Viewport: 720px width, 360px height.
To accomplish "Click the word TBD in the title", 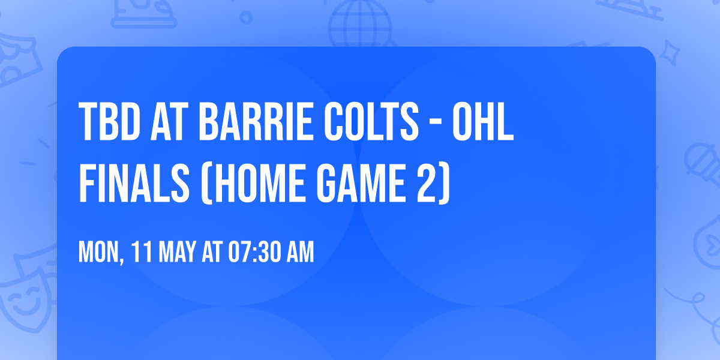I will [x=109, y=122].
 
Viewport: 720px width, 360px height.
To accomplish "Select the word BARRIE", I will [x=254, y=122].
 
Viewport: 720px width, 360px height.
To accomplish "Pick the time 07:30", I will [x=257, y=253].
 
